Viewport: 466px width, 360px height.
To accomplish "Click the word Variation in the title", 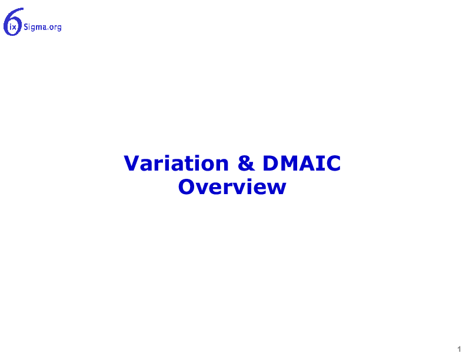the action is coord(177,164).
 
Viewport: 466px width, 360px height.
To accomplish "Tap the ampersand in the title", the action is coord(246,164).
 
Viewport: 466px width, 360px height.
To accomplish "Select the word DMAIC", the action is coord(302,164).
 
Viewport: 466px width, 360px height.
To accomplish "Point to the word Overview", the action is coord(232,187).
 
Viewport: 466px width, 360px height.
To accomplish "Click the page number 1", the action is coord(459,349).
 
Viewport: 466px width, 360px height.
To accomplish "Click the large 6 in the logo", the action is coord(13,22).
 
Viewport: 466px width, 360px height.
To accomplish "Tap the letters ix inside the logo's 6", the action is coord(13,27).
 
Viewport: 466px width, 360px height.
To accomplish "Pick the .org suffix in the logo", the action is coord(54,28).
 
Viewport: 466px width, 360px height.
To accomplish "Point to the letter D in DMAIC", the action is coord(270,164).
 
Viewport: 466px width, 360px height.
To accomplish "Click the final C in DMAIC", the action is coord(333,164).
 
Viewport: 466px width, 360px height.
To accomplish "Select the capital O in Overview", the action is coord(187,187).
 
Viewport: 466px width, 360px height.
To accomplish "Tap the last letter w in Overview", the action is coord(276,189).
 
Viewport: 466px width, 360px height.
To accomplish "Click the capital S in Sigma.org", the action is coord(26,27).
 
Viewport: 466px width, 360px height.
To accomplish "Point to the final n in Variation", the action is coord(222,165).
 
